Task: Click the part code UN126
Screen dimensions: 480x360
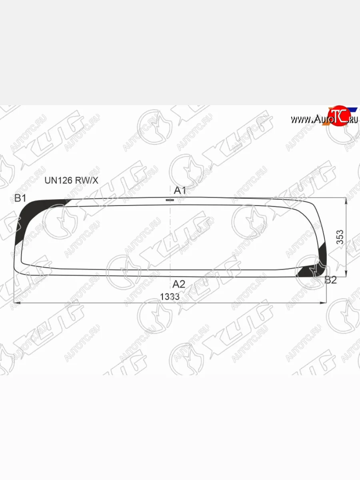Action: coord(58,180)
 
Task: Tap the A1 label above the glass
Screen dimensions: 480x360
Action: coord(180,190)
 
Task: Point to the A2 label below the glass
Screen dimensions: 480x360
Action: coord(179,284)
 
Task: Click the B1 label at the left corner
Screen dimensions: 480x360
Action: coord(20,198)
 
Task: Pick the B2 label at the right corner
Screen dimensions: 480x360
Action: coord(330,280)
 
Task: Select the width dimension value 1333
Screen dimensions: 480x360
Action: coord(170,297)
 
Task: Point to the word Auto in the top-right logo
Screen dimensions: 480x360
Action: coord(321,119)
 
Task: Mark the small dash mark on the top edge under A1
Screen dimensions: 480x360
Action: coord(169,199)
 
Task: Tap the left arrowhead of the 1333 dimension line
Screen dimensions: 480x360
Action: coord(16,303)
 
